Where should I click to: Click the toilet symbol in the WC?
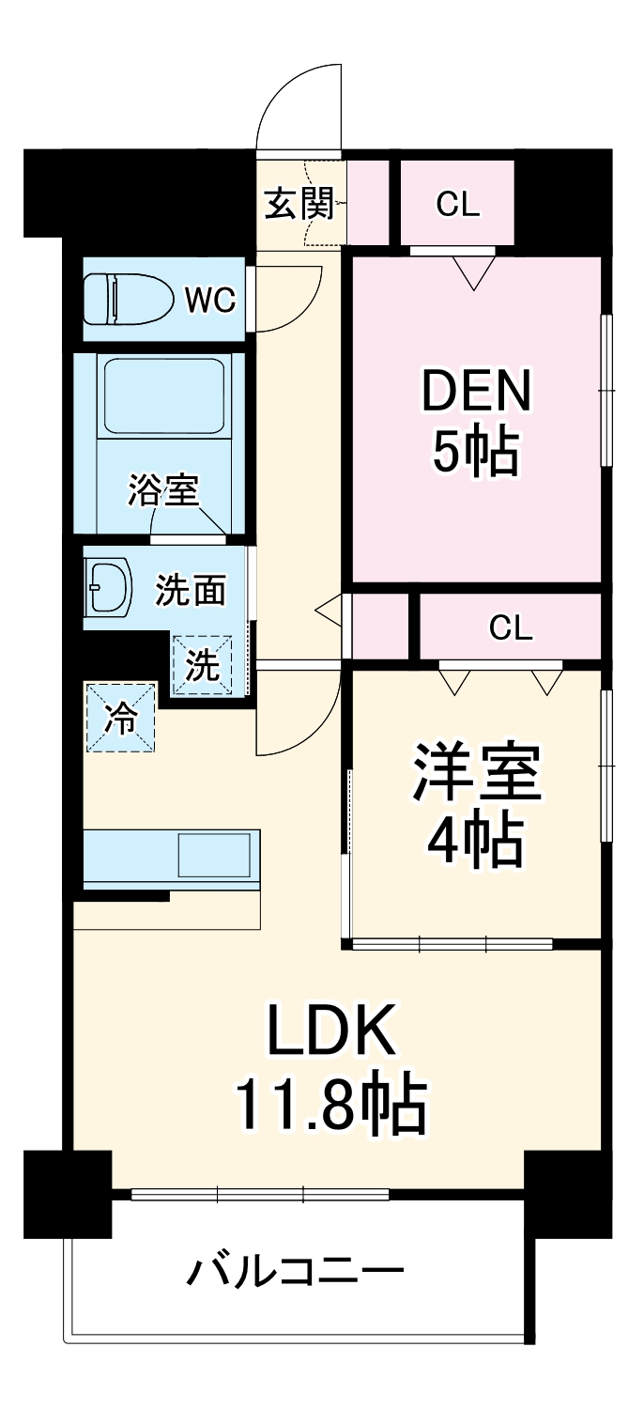[x=130, y=299]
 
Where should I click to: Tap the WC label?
[x=209, y=300]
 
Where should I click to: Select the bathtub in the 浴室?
[x=163, y=394]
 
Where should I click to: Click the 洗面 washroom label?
[x=191, y=589]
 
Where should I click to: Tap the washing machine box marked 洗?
[x=202, y=665]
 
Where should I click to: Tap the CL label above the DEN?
[x=458, y=204]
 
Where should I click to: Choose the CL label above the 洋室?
[x=511, y=628]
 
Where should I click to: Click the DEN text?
[x=477, y=391]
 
